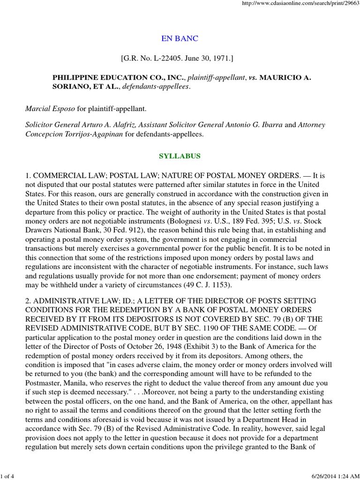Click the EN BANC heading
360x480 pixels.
point(180,38)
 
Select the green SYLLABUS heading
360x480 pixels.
point(180,156)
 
